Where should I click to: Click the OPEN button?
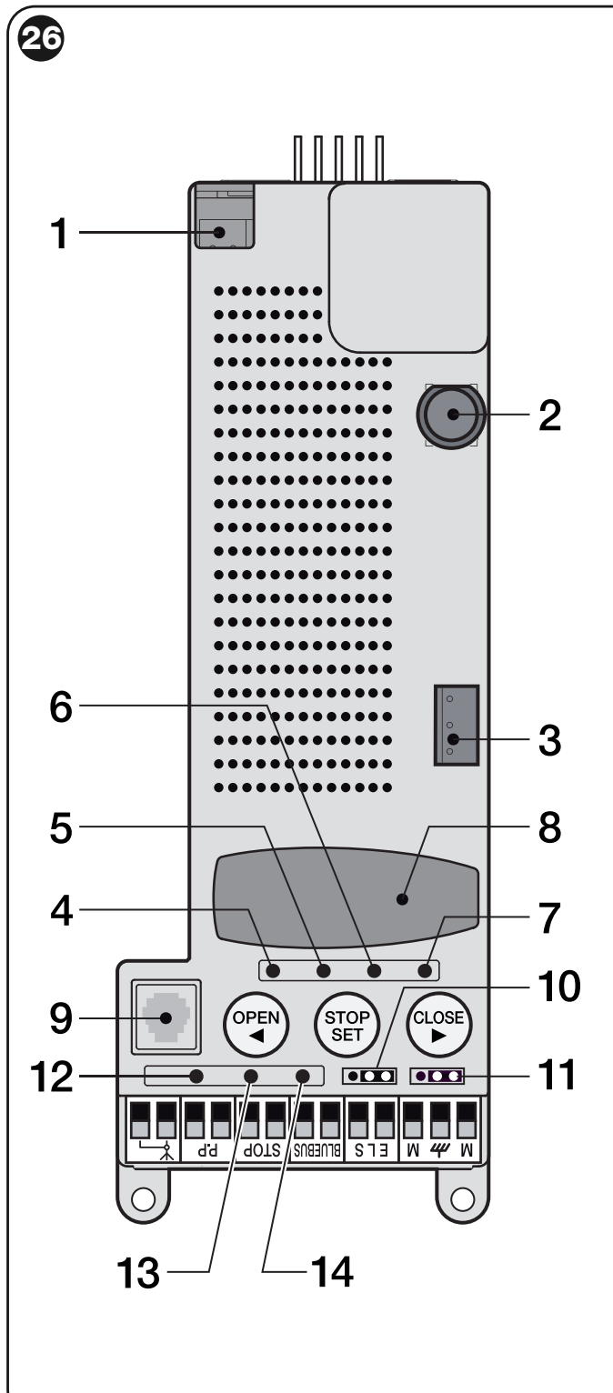[256, 1024]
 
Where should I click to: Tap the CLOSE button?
[438, 1024]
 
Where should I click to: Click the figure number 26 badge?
[41, 38]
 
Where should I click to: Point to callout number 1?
[59, 234]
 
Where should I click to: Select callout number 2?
[549, 416]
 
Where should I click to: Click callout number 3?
[549, 741]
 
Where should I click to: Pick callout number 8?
[549, 827]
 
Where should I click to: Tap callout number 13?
[138, 1272]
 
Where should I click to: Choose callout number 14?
[332, 1272]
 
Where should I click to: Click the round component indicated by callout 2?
[450, 416]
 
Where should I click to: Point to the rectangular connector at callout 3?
[457, 725]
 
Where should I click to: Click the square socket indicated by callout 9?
[166, 1017]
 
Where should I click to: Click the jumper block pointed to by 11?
[437, 1076]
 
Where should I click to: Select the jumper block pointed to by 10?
[369, 1076]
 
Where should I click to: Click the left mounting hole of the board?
[143, 1198]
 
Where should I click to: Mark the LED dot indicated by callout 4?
[273, 970]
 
